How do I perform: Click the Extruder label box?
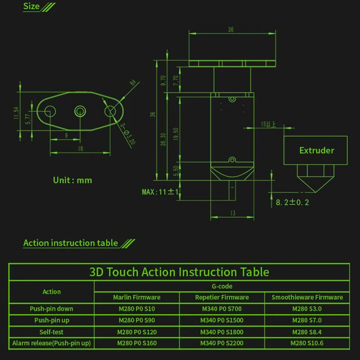[317, 150]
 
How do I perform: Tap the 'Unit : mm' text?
[72, 180]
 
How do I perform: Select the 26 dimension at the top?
[231, 30]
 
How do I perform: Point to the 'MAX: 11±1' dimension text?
[161, 192]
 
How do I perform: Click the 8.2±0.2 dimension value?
[292, 202]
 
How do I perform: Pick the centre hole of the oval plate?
[80, 110]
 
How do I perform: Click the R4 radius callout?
[133, 83]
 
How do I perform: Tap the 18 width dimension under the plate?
[80, 148]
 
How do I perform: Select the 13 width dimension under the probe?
[233, 213]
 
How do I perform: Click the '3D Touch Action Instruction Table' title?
[179, 272]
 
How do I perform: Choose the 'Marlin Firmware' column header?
[136, 297]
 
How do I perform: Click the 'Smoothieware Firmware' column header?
[307, 297]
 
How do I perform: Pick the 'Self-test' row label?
[51, 332]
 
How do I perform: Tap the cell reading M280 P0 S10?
[136, 309]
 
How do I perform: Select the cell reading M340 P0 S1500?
[222, 320]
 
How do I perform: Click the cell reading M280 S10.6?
[307, 343]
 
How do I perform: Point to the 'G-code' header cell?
[222, 286]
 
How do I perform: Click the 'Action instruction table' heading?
[71, 243]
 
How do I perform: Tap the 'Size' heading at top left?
[31, 7]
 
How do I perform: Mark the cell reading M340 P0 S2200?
[222, 343]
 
